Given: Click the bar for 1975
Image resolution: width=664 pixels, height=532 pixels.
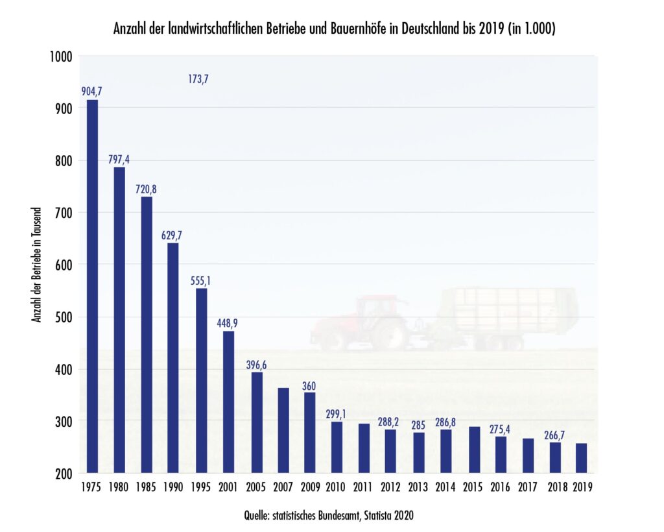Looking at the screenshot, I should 92,285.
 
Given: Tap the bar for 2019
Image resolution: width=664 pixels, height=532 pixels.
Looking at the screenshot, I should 582,458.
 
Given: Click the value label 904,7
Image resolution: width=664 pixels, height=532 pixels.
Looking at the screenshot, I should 91,91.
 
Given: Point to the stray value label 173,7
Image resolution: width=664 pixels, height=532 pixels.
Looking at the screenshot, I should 198,80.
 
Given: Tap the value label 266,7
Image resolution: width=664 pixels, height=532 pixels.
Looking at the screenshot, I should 554,435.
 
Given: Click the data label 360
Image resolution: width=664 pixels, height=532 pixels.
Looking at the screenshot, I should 310,386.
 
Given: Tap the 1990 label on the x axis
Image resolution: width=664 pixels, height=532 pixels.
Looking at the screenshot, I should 174,487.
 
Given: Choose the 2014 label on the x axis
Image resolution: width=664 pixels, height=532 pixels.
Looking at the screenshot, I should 445,487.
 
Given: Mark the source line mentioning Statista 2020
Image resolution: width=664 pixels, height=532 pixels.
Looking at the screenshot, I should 328,516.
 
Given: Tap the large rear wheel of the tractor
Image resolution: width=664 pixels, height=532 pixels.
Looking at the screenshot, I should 389,333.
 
